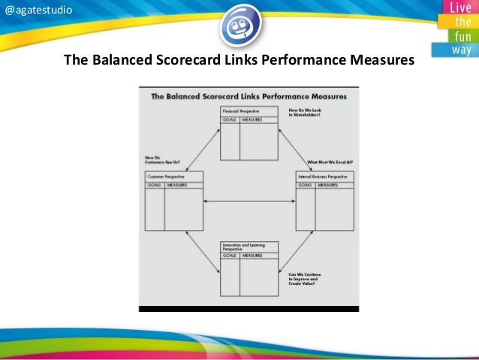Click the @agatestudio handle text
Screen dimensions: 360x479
38,10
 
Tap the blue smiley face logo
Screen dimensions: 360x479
240,25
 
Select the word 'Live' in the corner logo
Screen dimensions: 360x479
460,8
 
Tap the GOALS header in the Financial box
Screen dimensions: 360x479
230,119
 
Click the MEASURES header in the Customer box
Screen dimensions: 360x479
181,184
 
